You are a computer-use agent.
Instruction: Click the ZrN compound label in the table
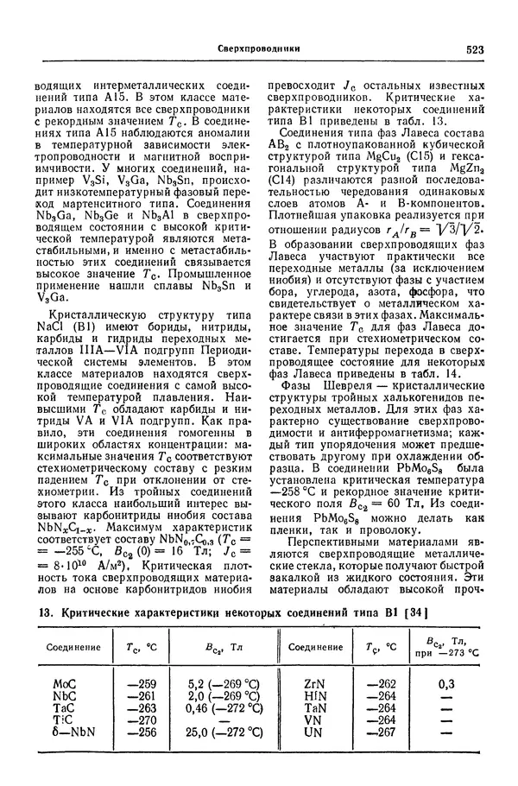tap(314, 682)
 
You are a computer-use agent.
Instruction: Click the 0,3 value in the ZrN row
tap(446, 682)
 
